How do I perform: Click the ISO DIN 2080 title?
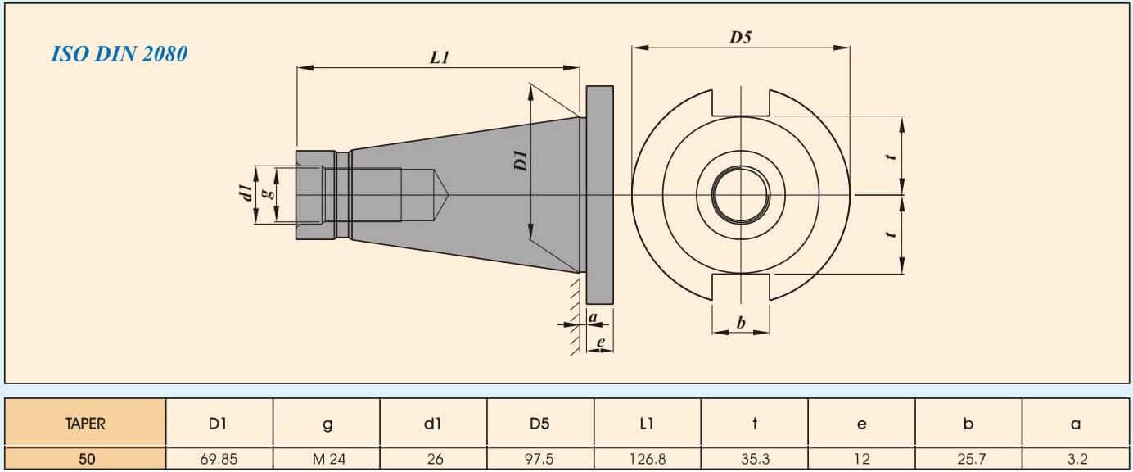point(120,55)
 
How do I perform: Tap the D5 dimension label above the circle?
point(740,37)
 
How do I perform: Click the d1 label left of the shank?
point(245,194)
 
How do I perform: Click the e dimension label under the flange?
point(601,342)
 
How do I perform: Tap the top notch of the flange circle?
point(741,102)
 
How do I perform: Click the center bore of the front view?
point(741,195)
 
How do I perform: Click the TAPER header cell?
point(85,424)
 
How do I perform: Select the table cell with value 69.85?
point(219,460)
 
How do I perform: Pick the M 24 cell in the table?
point(328,460)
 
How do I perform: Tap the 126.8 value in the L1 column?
point(648,460)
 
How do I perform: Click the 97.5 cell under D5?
point(540,460)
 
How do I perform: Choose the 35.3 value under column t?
point(754,460)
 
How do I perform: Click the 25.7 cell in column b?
point(968,460)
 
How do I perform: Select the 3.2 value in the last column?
point(1077,460)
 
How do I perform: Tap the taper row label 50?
point(85,460)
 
